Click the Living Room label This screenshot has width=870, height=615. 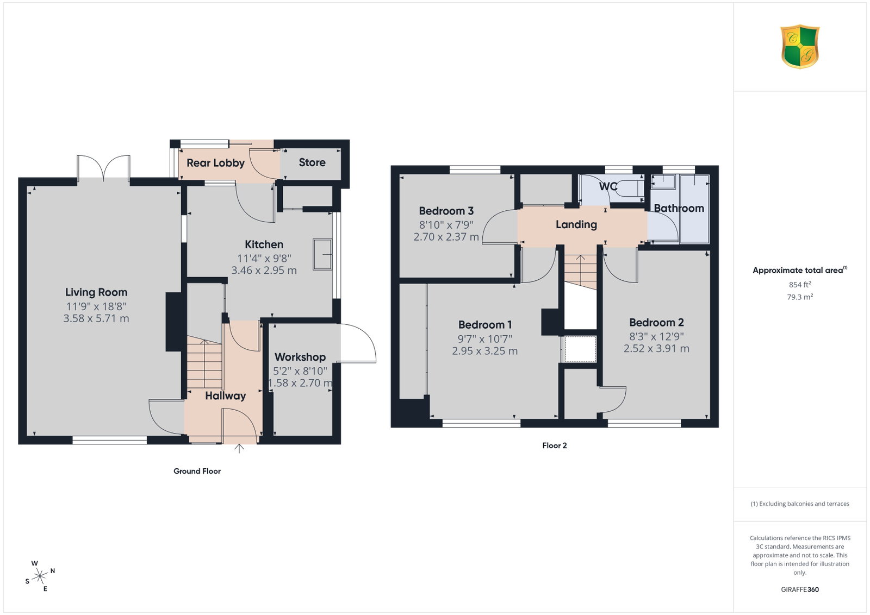click(96, 292)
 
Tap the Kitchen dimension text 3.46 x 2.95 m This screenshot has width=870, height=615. click(264, 271)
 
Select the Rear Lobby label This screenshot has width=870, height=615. click(215, 163)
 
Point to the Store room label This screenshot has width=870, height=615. click(312, 162)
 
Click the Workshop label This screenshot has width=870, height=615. click(300, 357)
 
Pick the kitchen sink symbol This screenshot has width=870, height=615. click(322, 255)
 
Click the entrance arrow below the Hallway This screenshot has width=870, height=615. click(239, 449)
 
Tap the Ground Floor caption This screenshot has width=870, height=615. click(197, 471)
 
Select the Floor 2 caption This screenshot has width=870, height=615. click(555, 445)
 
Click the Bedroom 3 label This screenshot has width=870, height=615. click(446, 211)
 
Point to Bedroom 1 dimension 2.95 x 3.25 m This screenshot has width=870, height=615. click(484, 351)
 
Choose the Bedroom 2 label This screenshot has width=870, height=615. click(656, 322)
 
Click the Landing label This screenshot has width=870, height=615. click(576, 224)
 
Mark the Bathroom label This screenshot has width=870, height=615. click(679, 209)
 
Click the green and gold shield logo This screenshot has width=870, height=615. click(800, 47)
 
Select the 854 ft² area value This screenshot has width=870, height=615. click(800, 285)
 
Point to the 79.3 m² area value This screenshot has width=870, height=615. click(800, 297)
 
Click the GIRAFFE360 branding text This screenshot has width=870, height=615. click(800, 589)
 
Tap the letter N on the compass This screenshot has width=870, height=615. click(53, 571)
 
